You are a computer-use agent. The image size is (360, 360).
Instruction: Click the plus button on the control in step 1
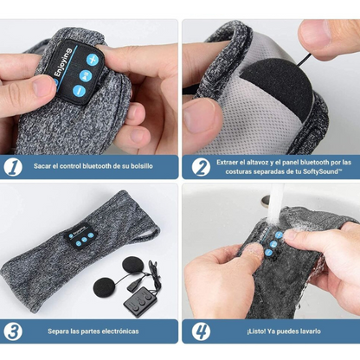pyautogui.click(x=93, y=60)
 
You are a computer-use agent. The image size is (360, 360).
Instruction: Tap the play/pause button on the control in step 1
pyautogui.click(x=86, y=76)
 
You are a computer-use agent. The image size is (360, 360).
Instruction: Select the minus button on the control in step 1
pyautogui.click(x=79, y=91)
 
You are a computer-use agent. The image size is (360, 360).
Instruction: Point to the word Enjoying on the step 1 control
pyautogui.click(x=62, y=62)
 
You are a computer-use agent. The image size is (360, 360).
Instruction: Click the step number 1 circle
pyautogui.click(x=13, y=167)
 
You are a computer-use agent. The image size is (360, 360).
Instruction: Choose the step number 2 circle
pyautogui.click(x=201, y=167)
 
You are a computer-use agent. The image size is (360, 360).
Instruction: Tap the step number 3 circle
pyautogui.click(x=13, y=331)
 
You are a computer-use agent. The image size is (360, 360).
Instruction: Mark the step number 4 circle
pyautogui.click(x=201, y=331)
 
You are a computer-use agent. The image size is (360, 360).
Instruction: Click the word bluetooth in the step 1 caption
pyautogui.click(x=97, y=166)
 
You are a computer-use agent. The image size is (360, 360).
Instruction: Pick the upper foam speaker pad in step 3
pyautogui.click(x=133, y=266)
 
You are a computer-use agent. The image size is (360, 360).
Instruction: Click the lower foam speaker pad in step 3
pyautogui.click(x=105, y=287)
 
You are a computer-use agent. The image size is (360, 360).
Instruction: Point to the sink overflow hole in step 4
pyautogui.click(x=266, y=201)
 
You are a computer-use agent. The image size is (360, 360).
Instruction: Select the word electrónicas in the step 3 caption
pyautogui.click(x=121, y=331)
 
